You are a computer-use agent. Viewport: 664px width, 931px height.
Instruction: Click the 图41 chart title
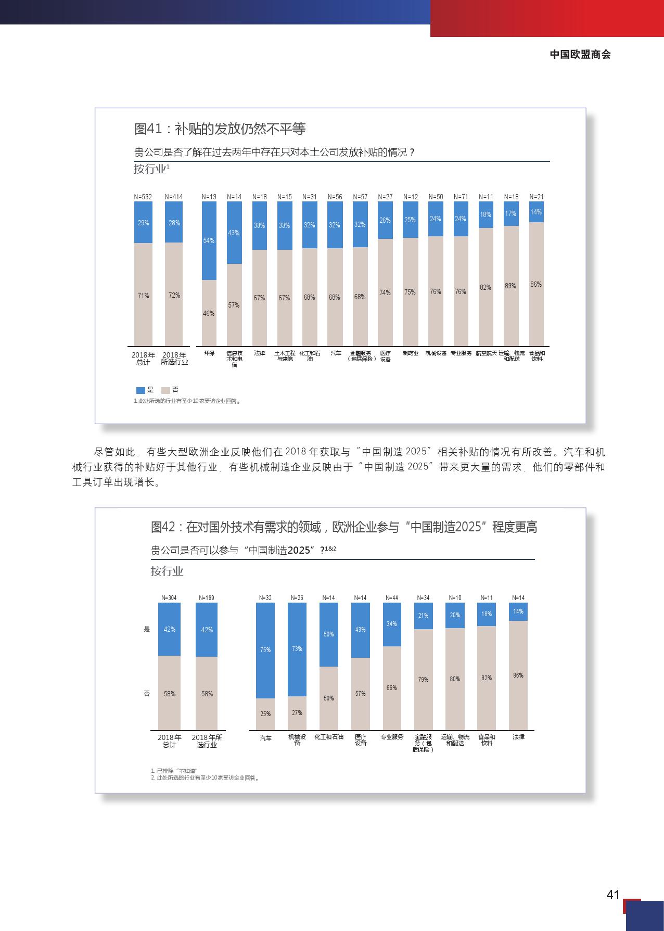(x=220, y=129)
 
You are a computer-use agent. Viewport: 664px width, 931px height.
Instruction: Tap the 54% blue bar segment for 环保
(x=209, y=240)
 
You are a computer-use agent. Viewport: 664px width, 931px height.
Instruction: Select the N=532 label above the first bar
(x=143, y=197)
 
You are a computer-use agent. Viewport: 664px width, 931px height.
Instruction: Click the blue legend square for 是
(x=141, y=390)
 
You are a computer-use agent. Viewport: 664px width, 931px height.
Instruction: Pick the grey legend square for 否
(x=165, y=390)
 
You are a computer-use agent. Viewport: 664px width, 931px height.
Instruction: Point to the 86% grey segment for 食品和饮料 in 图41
(x=536, y=284)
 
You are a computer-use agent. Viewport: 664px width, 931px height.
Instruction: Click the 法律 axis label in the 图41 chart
(x=259, y=353)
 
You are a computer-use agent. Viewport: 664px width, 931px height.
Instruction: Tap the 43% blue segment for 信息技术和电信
(x=234, y=233)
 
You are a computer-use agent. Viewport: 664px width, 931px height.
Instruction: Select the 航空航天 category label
(x=486, y=353)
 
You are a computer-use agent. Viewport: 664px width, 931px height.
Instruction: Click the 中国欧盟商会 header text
(x=580, y=55)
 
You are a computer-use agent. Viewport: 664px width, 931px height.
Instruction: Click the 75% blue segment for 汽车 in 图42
(x=265, y=650)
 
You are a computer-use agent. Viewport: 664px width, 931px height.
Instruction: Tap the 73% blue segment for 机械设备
(x=297, y=649)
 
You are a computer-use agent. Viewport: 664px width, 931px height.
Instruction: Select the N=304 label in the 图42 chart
(x=169, y=598)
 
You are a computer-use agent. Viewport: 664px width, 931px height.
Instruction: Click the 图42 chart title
(x=344, y=527)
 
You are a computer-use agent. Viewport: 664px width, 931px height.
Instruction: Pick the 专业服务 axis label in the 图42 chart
(x=392, y=737)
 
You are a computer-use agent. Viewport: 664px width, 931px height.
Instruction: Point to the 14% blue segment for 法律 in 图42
(x=518, y=611)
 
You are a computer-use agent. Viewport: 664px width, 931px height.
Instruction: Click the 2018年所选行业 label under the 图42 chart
(x=207, y=741)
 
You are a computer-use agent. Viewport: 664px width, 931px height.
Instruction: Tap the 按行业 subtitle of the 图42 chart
(x=167, y=571)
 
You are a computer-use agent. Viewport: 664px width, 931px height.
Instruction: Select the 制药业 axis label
(x=410, y=353)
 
